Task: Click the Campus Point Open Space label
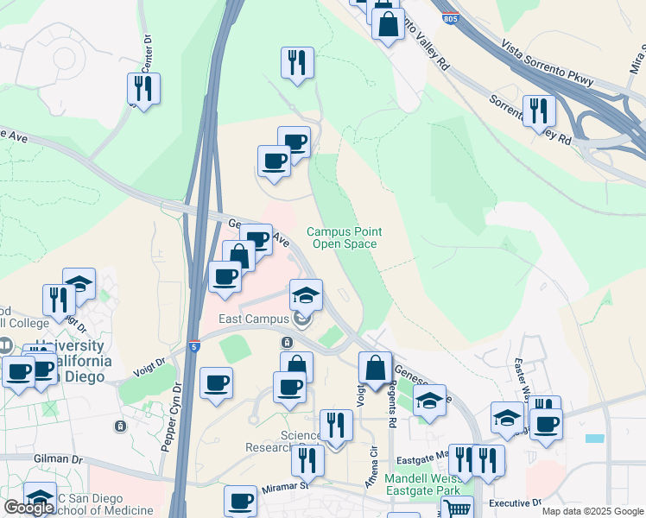(344, 238)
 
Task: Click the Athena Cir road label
(374, 465)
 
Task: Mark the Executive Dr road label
(514, 502)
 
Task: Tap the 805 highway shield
(449, 17)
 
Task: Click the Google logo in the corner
(28, 508)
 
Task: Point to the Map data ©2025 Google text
(592, 511)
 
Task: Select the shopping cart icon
(457, 509)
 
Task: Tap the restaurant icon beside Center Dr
(143, 87)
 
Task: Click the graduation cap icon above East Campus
(306, 294)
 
